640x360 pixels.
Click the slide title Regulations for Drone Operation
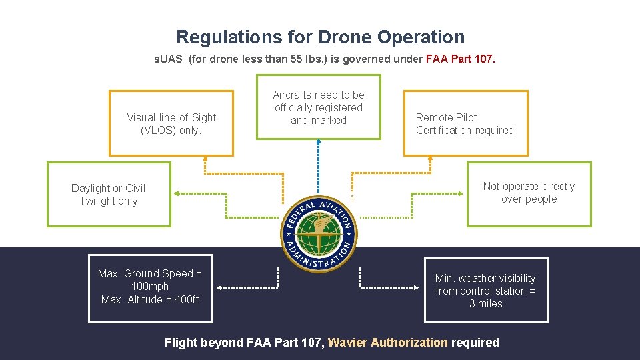pyautogui.click(x=320, y=37)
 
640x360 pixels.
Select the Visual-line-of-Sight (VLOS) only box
pyautogui.click(x=171, y=123)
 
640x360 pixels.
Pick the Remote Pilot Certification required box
pyautogui.click(x=465, y=123)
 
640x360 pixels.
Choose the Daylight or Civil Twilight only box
pyautogui.click(x=108, y=194)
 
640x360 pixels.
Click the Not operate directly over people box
pyautogui.click(x=529, y=193)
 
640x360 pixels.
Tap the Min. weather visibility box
pyautogui.click(x=485, y=291)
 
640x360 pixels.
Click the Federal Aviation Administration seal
pyautogui.click(x=318, y=233)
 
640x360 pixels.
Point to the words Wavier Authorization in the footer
pyautogui.click(x=388, y=343)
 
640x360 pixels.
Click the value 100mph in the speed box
pyautogui.click(x=150, y=287)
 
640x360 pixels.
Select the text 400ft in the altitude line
pyautogui.click(x=186, y=299)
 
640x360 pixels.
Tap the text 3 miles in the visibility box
pyautogui.click(x=485, y=303)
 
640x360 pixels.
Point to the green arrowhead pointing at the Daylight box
pyautogui.click(x=177, y=193)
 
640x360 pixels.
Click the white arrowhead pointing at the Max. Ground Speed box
pyautogui.click(x=219, y=288)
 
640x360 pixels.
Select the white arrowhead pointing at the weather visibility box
pyautogui.click(x=419, y=288)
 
